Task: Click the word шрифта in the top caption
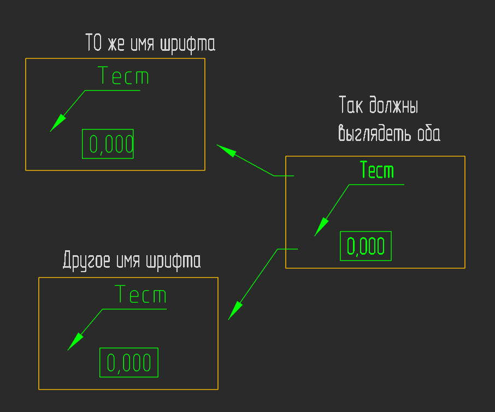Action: coord(188,44)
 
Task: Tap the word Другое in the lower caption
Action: coord(86,261)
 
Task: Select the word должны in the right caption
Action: coord(394,105)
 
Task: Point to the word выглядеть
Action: coord(374,133)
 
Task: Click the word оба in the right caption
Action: coord(429,133)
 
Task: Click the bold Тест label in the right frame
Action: coord(377,169)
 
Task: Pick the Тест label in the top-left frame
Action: coord(123,75)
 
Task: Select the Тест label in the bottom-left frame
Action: coord(141,294)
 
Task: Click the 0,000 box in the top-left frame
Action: coord(108,144)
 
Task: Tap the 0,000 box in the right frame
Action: coord(366,246)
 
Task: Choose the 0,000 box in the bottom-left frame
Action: coord(129,362)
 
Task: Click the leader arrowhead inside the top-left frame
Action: coord(57,123)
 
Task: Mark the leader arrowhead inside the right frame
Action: coord(321,227)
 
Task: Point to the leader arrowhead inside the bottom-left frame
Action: coord(75,342)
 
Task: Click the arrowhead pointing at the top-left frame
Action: coord(226,151)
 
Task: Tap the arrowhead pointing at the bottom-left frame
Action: coord(235,311)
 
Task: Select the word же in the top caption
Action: coord(116,44)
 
